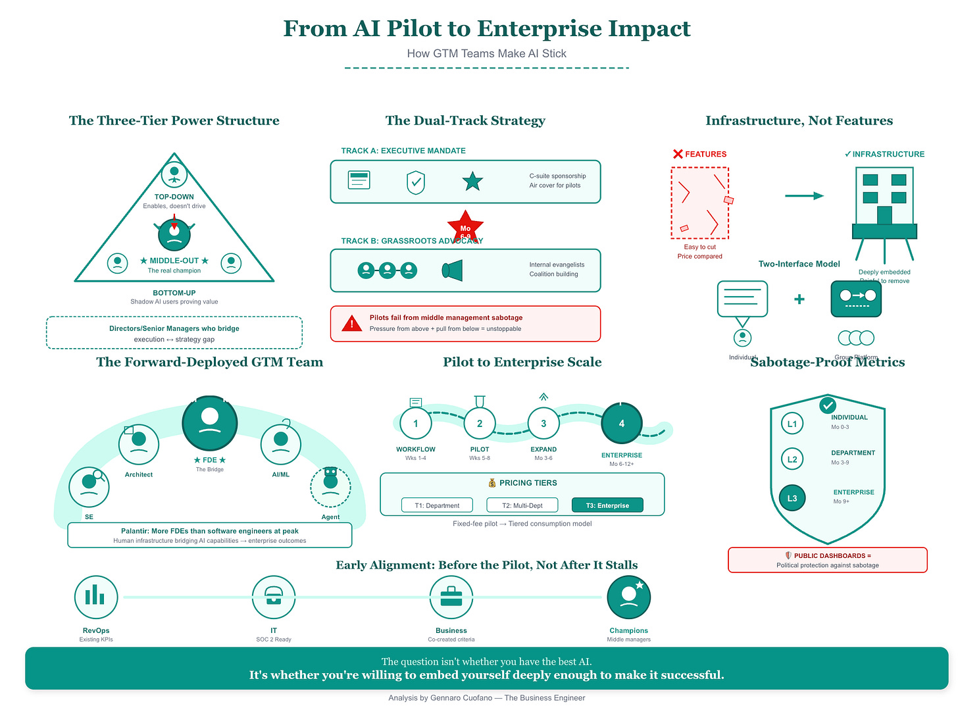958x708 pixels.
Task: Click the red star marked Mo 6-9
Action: [465, 227]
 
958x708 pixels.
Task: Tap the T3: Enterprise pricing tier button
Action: [607, 505]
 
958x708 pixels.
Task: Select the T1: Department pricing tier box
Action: [437, 505]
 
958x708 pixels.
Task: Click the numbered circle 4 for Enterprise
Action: [621, 423]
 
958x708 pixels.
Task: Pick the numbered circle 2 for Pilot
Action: [480, 423]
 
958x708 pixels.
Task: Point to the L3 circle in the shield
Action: [792, 498]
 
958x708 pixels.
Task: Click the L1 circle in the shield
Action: [792, 424]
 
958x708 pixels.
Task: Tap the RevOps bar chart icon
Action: [96, 597]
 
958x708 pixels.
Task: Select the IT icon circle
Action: [274, 597]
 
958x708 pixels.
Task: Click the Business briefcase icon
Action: [451, 597]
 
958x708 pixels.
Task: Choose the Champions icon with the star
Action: [629, 597]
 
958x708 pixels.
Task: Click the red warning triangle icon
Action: [352, 323]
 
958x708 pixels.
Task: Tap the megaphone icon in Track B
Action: [453, 270]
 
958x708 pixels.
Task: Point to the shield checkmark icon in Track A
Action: [416, 182]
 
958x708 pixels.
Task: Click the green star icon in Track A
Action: [472, 181]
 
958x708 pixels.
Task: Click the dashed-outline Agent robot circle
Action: [330, 488]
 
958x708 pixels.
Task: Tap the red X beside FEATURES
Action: [678, 154]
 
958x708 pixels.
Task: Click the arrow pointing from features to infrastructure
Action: [804, 195]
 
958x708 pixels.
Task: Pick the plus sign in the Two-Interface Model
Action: [799, 299]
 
